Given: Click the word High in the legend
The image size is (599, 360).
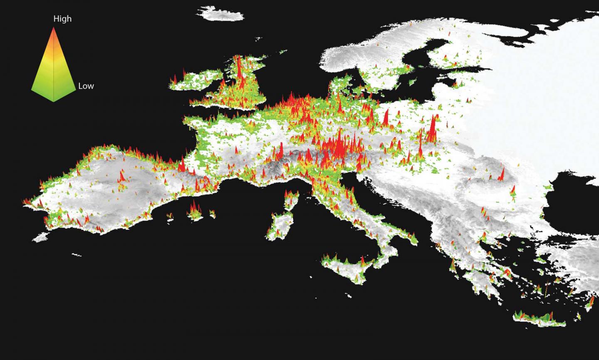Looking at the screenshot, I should (x=62, y=19).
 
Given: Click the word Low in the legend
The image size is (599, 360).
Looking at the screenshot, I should (x=86, y=86).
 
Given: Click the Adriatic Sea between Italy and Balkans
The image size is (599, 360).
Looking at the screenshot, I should (x=387, y=208).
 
